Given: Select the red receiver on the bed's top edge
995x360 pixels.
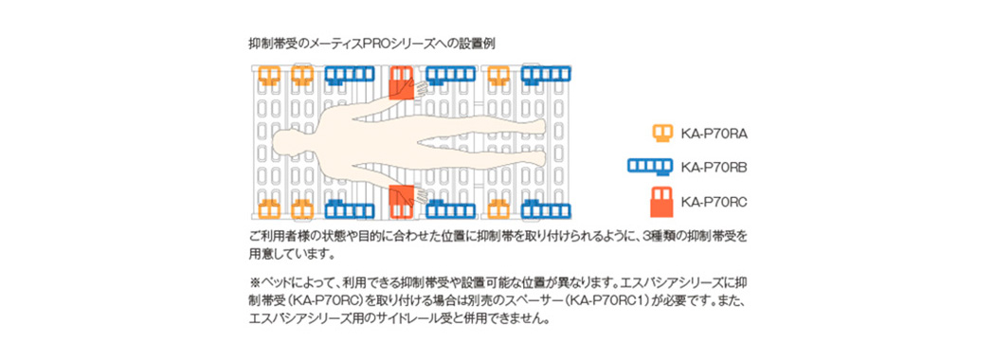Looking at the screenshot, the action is [401, 82].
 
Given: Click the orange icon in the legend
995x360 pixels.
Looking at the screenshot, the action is [663, 133].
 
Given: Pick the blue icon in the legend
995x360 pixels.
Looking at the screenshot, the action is [650, 167].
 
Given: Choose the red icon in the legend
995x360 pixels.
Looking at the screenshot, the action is [661, 202].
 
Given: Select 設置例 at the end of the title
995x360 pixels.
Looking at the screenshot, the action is [479, 45].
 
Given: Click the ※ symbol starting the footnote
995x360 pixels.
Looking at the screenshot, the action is [253, 281].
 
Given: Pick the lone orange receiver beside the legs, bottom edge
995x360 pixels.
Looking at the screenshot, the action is [498, 207].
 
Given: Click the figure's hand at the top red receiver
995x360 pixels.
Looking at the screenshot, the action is [421, 85].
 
